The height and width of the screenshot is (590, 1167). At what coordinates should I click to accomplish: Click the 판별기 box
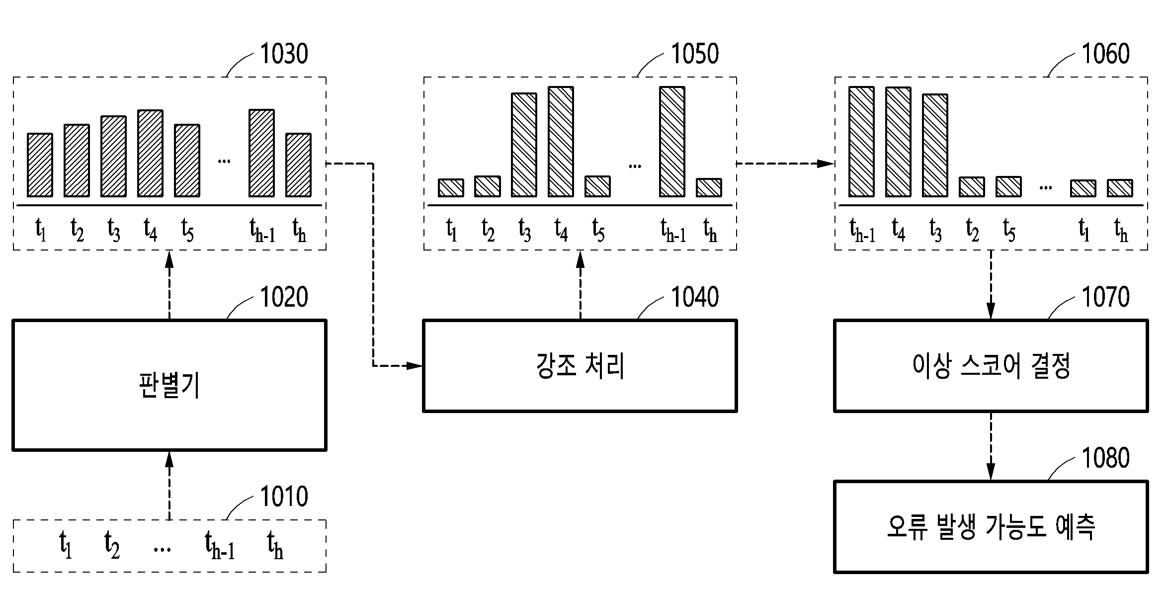[x=169, y=385]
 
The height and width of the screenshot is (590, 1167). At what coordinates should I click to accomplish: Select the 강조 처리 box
[x=580, y=366]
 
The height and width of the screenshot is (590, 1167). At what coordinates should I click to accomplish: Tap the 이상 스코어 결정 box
[x=991, y=366]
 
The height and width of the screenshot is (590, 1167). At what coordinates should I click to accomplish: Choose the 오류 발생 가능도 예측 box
[x=991, y=527]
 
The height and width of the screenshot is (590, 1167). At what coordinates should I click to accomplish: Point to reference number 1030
[x=284, y=54]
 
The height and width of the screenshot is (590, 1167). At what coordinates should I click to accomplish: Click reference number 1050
[x=695, y=54]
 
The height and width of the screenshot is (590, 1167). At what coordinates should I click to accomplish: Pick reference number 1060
[x=1106, y=54]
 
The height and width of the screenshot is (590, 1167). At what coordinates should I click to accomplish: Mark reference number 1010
[x=284, y=496]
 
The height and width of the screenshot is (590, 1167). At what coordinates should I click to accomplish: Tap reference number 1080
[x=1106, y=458]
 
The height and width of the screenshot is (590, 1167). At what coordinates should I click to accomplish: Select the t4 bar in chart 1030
[x=150, y=154]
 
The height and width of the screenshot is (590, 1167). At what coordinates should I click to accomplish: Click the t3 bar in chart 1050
[x=524, y=145]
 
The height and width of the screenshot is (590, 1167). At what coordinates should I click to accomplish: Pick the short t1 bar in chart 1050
[x=451, y=188]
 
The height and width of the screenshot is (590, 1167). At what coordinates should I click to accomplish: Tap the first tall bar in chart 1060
[x=861, y=142]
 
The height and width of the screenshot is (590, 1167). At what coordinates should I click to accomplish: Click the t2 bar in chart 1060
[x=972, y=187]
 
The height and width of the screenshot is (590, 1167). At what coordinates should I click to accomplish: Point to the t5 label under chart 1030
[x=187, y=230]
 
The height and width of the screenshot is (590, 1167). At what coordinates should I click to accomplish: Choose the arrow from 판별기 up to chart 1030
[x=169, y=285]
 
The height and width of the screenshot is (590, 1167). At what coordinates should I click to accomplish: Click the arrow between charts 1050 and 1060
[x=785, y=164]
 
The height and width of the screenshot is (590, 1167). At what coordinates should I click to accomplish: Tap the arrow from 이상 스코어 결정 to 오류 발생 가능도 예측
[x=991, y=446]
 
